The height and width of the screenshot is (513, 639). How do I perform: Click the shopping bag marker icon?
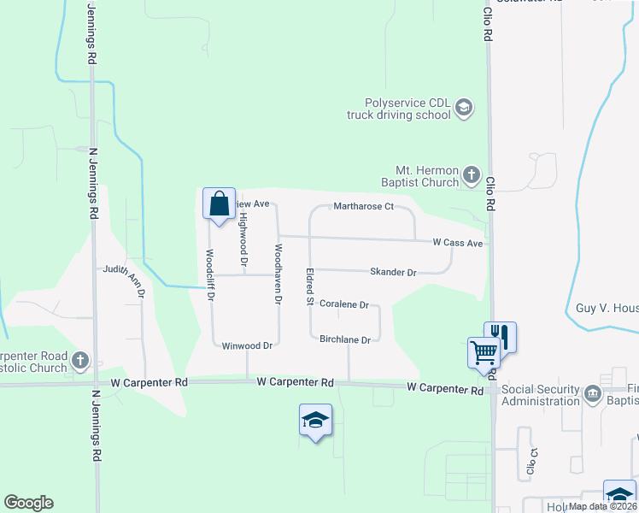[219, 204]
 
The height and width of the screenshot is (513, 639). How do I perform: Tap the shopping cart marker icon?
[483, 351]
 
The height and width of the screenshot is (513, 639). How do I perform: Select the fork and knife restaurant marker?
[499, 336]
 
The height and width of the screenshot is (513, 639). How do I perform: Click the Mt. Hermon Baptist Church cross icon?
[471, 176]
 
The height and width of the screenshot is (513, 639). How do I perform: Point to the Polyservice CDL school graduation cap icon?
[464, 108]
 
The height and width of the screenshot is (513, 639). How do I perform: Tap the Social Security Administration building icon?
[592, 394]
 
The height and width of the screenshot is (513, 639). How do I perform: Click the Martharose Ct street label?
[363, 206]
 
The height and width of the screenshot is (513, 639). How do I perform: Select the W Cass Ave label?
[458, 243]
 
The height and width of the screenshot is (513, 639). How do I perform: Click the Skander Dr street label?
[392, 272]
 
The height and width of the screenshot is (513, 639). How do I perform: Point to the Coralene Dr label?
[343, 304]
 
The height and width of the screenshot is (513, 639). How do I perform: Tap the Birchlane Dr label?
[344, 339]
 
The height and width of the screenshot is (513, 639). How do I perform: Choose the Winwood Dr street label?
[247, 346]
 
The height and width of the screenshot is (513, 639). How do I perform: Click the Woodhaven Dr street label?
[277, 274]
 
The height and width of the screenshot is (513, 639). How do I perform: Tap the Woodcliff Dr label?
[210, 274]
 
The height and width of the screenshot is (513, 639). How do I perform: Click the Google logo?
[28, 503]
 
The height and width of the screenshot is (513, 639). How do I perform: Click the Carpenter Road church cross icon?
[79, 359]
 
